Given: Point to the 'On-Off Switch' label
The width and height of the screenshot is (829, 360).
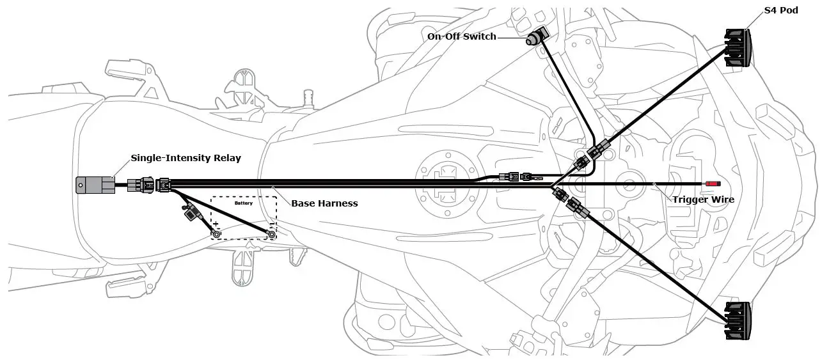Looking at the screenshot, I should point(461,36).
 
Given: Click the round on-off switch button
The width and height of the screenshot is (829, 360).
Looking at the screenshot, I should point(532,40).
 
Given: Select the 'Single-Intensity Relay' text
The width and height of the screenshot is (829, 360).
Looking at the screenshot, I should point(186,158).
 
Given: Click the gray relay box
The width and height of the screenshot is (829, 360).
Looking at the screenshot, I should point(95,184).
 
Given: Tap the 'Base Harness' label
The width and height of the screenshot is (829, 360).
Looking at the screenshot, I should point(324,203).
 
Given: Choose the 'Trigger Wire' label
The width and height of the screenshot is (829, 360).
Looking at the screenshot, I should point(703,200).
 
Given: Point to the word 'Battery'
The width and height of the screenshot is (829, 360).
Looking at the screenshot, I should point(244,203).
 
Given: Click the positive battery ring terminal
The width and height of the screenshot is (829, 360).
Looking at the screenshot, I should point(217,234).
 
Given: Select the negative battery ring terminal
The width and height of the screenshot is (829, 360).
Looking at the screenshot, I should point(272,234).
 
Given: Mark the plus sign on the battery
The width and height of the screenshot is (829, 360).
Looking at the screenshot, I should point(216,224).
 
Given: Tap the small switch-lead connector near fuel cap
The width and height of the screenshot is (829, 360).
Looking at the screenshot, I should point(516,176).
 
